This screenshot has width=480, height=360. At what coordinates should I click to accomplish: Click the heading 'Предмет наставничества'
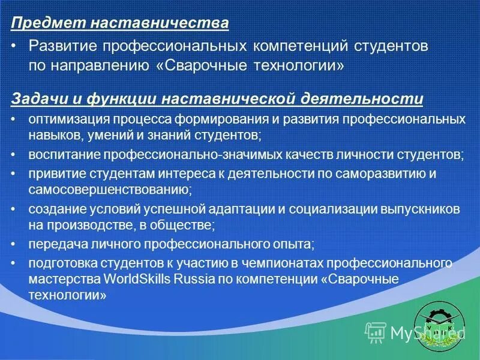point(120,23)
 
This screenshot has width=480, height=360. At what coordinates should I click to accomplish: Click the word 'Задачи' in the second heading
point(37,98)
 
